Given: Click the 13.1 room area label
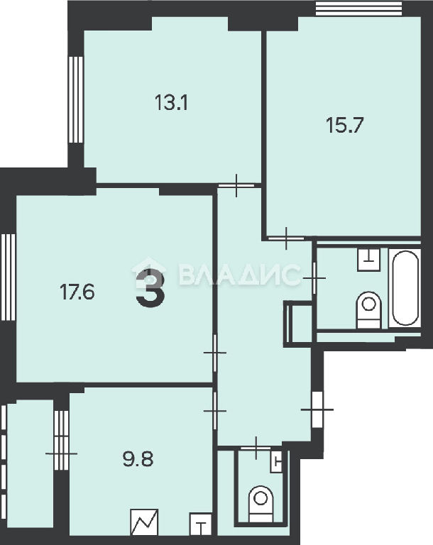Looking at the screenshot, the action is coord(171,103).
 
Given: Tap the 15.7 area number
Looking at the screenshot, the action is coord(345,125).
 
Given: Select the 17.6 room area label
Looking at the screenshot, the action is coord(77,291).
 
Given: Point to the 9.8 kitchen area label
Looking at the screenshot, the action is coord(138,459).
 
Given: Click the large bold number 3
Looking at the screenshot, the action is coord(150,289).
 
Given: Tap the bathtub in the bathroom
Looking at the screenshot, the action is coord(405,288).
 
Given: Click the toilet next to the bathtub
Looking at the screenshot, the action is coord(368,310).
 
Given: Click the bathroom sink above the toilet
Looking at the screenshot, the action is coord(368,259).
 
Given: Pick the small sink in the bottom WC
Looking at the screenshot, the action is coord(277,461).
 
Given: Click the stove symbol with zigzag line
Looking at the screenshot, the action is coord(144,522).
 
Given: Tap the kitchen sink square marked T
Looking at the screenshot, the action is coord(201,524).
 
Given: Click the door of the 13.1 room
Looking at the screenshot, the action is coord(236,186).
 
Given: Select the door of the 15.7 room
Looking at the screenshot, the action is coord(286,238).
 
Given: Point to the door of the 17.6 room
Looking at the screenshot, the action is coord(215,353).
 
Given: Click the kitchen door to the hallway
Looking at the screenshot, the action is coord(215,411).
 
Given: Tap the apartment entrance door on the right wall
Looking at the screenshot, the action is coord(317,409).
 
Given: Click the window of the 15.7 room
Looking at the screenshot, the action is coord(360,9).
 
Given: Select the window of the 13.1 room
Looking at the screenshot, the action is coord(75,99).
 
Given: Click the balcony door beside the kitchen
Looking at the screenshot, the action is coord(62,454).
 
